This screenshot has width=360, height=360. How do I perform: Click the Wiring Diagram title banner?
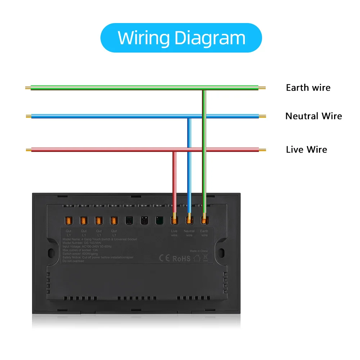[181, 38]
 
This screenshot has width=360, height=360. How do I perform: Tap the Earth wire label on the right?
[308, 87]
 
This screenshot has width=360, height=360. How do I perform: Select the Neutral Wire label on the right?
[313, 116]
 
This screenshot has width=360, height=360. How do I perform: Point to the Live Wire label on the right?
[306, 149]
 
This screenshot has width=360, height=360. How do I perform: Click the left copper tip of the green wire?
[28, 87]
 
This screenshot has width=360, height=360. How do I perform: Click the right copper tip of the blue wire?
[262, 116]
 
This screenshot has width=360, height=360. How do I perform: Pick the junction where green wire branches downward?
[204, 88]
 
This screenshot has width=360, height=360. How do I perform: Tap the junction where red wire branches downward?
[174, 150]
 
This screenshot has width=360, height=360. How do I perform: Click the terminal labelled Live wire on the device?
[174, 219]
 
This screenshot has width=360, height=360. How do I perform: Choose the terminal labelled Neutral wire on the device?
[189, 219]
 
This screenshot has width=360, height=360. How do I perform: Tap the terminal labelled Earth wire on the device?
[204, 219]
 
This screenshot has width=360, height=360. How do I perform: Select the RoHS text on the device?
[181, 258]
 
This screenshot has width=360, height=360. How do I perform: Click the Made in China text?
[198, 251]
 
